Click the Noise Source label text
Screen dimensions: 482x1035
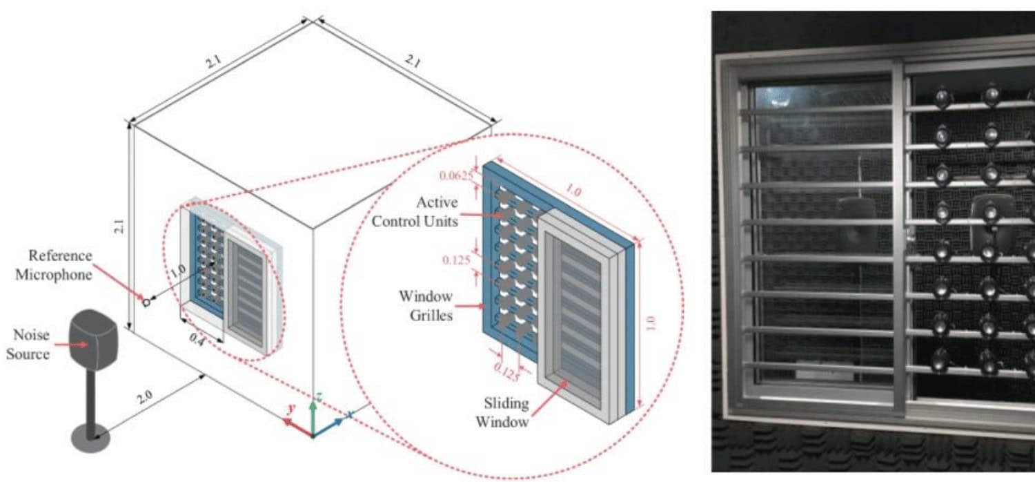[x=31, y=344]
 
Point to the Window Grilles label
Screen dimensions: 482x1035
[x=425, y=306]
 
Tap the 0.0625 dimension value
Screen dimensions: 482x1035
[x=457, y=175]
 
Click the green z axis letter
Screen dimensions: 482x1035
[x=318, y=396]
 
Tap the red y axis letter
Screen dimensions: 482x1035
[x=291, y=409]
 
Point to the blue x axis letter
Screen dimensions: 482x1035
[x=350, y=414]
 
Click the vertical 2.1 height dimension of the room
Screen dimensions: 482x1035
[x=120, y=226]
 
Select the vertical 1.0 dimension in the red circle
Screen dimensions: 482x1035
[x=651, y=323]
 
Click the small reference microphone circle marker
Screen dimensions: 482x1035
[x=146, y=302]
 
